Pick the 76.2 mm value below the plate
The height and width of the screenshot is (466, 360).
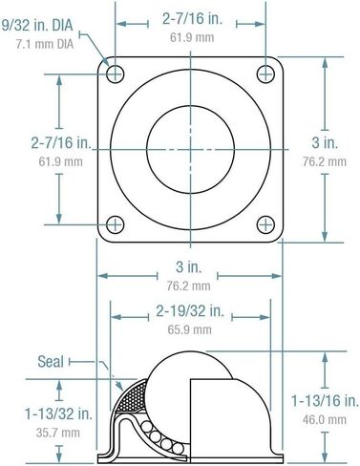coord(188,285)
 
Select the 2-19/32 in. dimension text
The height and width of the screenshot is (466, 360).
coord(189,310)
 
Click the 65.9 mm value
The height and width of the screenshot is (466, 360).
coord(189,328)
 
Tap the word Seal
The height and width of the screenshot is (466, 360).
coord(51,361)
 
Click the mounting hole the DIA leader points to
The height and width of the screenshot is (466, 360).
coord(116,74)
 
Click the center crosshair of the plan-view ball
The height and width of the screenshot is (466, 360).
coord(190,148)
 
